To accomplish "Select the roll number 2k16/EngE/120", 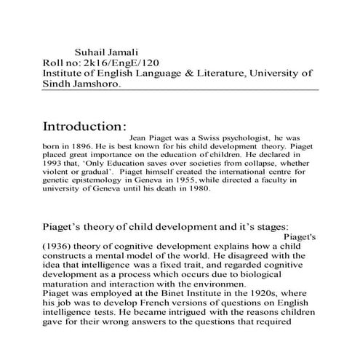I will click(119, 63).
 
